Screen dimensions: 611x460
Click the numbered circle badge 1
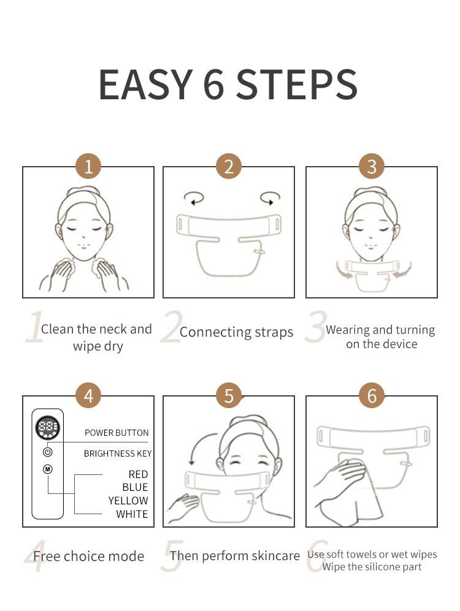[x=88, y=166]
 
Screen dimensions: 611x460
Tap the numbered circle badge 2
[x=229, y=166]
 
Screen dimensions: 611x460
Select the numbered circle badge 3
[x=372, y=166]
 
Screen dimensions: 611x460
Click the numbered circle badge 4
[x=88, y=396]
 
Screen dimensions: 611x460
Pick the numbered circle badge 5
[x=229, y=396]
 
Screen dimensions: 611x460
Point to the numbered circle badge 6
[x=372, y=396]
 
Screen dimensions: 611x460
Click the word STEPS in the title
[x=297, y=85]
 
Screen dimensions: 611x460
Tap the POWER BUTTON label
[x=117, y=433]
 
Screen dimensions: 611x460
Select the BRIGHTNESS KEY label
[x=118, y=454]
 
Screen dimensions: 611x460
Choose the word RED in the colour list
[x=138, y=474]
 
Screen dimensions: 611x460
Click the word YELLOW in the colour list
[x=128, y=501]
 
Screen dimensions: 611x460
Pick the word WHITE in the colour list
[x=132, y=514]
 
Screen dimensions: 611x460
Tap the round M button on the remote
[x=48, y=469]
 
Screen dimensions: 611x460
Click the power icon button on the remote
[x=48, y=452]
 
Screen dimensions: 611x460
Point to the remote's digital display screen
[x=48, y=427]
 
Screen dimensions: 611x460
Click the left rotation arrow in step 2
[x=194, y=198]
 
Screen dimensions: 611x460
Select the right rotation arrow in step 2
[x=270, y=198]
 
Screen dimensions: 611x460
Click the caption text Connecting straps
[x=236, y=332]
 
